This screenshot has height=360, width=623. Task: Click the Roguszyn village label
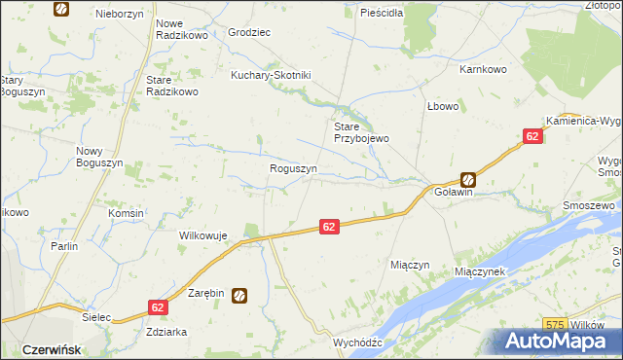tap(293, 168)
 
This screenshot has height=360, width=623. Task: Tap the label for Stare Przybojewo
tap(361, 132)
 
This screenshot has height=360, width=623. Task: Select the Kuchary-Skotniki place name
tap(270, 75)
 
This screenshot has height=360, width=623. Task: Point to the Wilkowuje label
tap(202, 235)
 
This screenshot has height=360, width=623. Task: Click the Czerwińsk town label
tap(50, 348)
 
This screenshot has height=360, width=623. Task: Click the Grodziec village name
tap(248, 32)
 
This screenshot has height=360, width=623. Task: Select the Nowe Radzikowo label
tap(183, 29)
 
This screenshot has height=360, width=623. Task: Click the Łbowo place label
tap(441, 106)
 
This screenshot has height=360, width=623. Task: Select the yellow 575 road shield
tap(556, 323)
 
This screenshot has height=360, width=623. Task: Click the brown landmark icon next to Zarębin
tap(239, 296)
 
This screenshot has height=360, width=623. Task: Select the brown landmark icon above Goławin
tap(468, 179)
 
